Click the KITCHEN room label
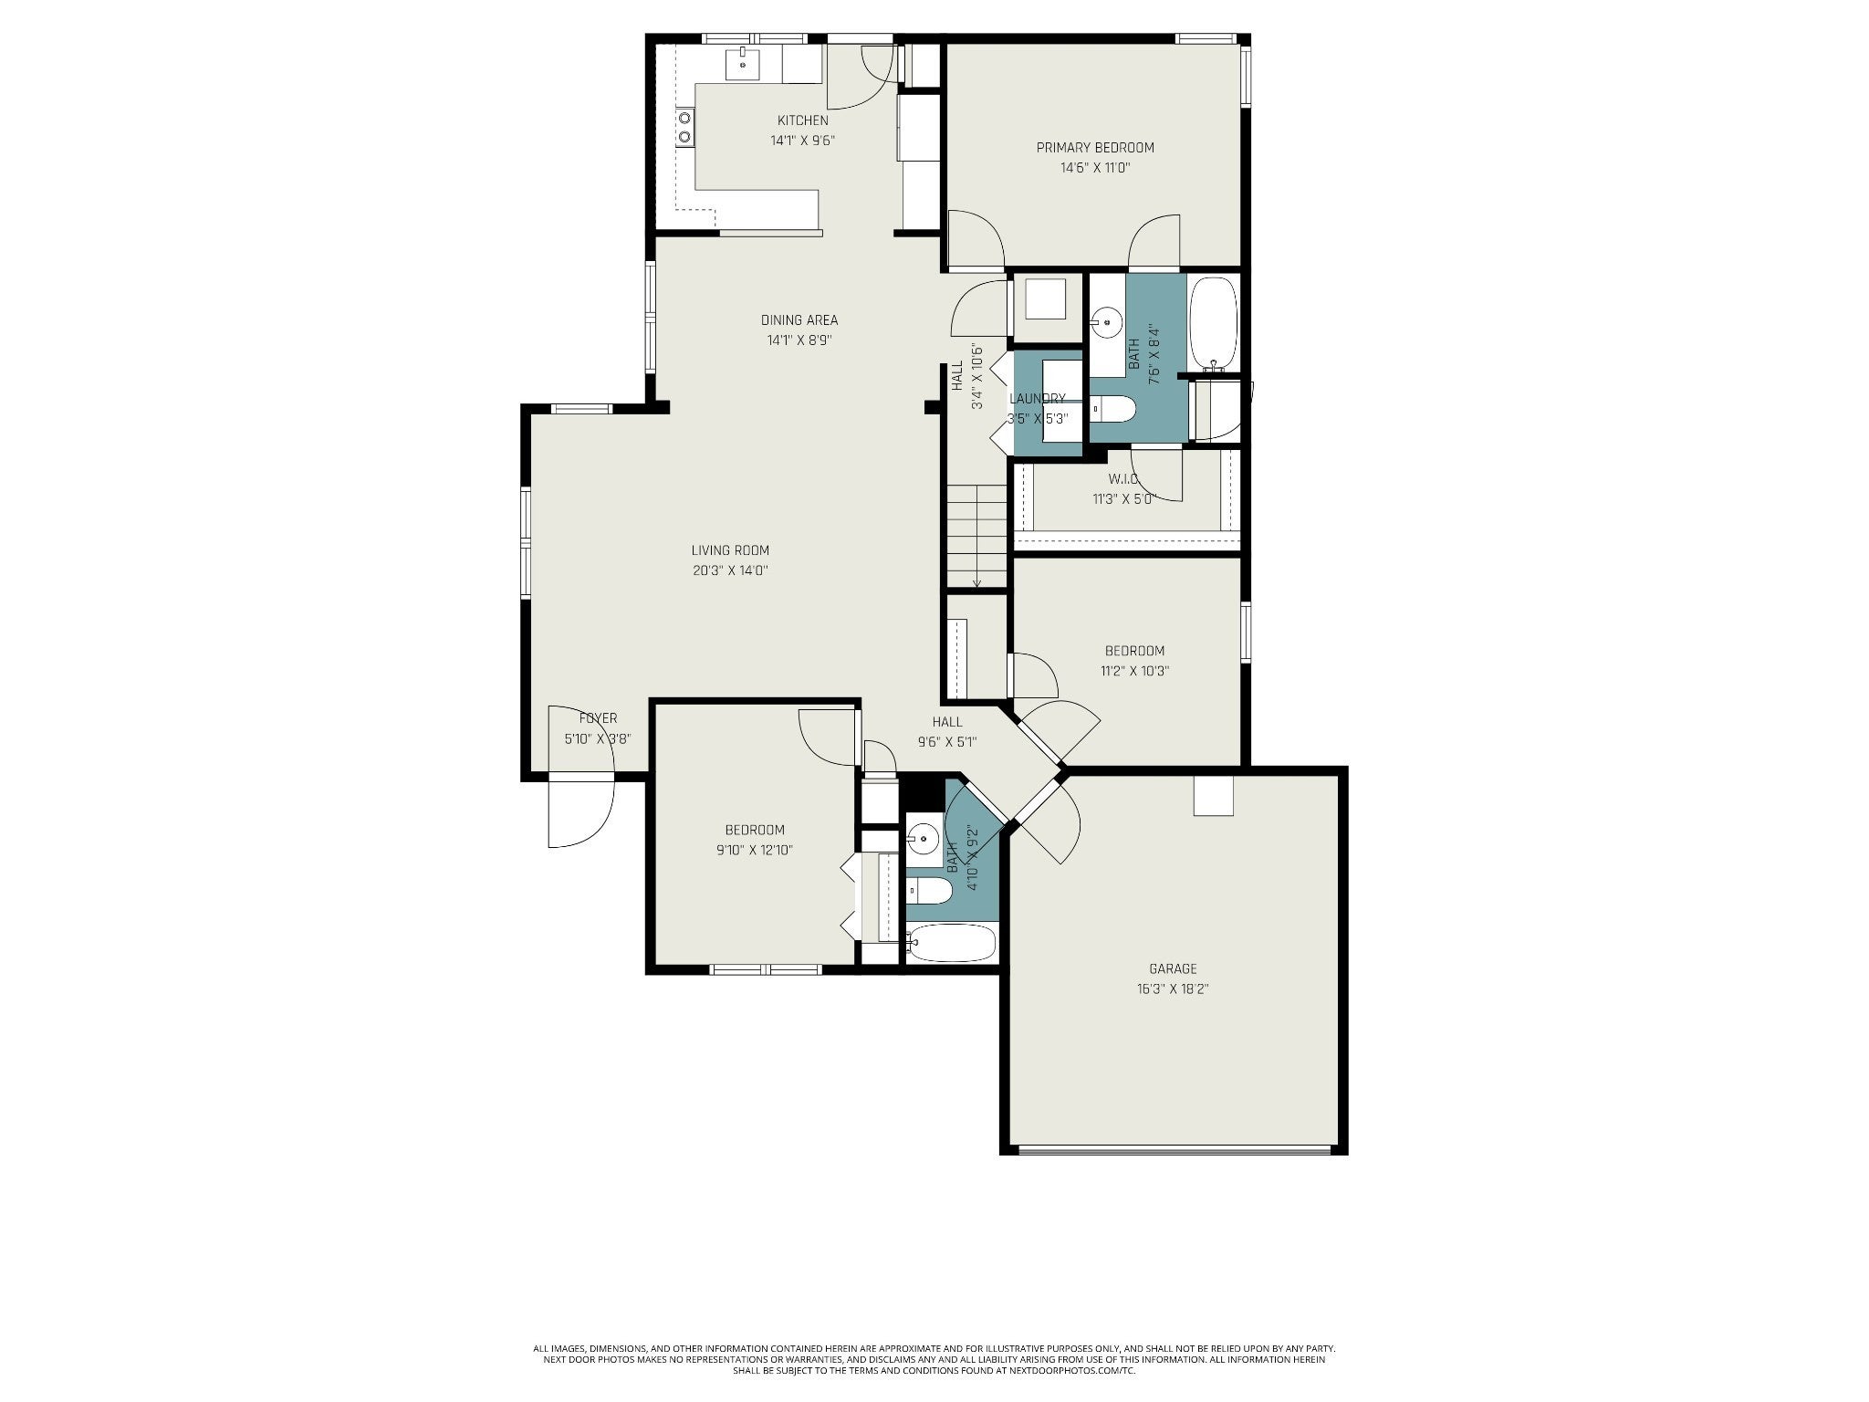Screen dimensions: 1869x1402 point(803,120)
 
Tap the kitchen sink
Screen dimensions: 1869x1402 point(743,65)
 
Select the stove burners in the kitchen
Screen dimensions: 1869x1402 point(684,127)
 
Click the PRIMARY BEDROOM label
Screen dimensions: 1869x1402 point(1095,148)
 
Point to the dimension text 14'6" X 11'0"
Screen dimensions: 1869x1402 point(1095,168)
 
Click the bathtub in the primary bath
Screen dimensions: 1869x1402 point(1214,324)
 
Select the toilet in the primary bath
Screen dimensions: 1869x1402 point(1112,410)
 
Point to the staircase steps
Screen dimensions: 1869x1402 point(976,536)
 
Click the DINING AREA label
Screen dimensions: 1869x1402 point(799,320)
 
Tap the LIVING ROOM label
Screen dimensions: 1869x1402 point(730,550)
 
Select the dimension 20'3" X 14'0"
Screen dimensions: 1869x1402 point(730,570)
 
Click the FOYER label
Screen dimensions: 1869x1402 point(598,718)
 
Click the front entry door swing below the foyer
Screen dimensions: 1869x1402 point(581,812)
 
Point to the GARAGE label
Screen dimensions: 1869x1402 point(1173,968)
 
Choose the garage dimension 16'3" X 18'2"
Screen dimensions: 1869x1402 point(1173,989)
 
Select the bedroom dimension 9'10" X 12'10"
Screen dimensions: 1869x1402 point(755,850)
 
